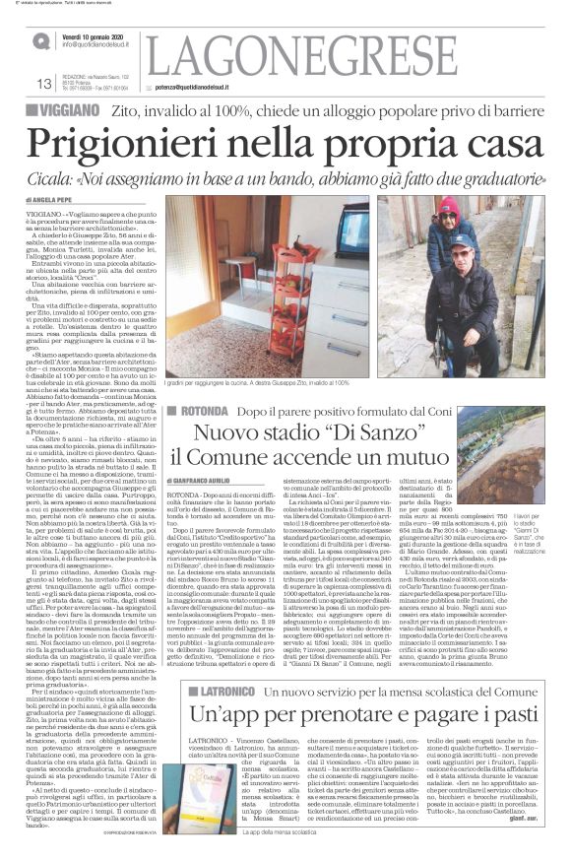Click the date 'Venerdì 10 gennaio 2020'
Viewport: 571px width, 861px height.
click(x=102, y=35)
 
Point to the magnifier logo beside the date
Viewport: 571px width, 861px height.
click(x=41, y=40)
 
